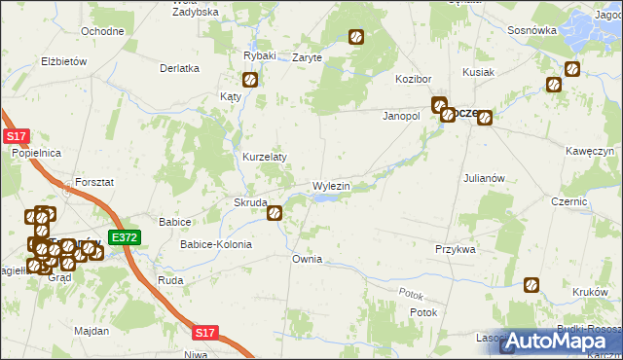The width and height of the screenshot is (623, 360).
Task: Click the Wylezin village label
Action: [x=331, y=185]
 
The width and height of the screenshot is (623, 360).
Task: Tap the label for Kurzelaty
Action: [x=264, y=157]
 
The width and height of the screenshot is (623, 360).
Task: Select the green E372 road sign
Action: [x=124, y=237]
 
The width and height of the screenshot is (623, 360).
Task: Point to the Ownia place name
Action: [x=307, y=260]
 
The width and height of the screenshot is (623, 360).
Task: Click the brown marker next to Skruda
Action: [x=275, y=210]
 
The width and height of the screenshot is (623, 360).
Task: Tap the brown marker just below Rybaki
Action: [x=250, y=81]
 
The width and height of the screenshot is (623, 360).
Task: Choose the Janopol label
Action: [x=399, y=116]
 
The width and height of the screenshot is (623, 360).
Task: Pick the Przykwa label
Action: [x=455, y=249]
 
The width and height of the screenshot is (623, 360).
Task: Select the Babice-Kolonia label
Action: [x=215, y=244]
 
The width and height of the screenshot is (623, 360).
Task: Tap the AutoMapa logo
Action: [x=560, y=341]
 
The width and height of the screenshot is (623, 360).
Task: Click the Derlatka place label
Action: [x=180, y=68]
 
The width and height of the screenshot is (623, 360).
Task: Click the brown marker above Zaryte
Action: [x=356, y=38]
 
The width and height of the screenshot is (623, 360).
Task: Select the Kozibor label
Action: [x=413, y=78]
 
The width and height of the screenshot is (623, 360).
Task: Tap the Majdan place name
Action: [x=92, y=332]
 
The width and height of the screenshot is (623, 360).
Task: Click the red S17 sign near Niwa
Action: [x=203, y=333]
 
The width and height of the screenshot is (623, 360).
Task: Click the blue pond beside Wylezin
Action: [x=328, y=198]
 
